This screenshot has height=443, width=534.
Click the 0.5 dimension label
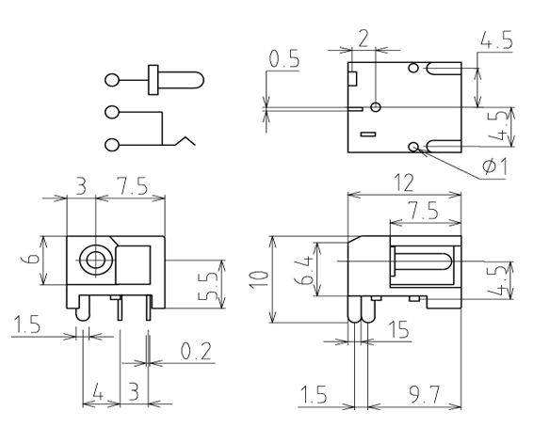click(x=284, y=58)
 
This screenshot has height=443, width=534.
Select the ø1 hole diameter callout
click(x=494, y=166)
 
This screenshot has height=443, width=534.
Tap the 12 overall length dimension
click(x=404, y=182)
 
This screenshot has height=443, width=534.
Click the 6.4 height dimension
click(x=304, y=270)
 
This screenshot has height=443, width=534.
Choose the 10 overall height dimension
click(x=260, y=279)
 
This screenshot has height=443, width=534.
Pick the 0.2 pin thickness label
click(x=196, y=351)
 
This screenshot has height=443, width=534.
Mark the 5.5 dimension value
click(x=207, y=286)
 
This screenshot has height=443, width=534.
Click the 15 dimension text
click(x=398, y=329)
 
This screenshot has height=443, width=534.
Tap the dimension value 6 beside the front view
click(x=33, y=260)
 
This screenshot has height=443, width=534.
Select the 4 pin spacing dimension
click(x=98, y=394)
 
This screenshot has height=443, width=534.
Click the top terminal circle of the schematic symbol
click(x=112, y=81)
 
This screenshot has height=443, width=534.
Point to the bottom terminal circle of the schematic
click(x=112, y=145)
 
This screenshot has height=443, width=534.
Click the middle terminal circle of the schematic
click(x=112, y=112)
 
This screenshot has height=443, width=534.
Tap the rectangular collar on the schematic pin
click(x=154, y=80)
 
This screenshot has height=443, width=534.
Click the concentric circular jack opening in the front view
click(x=96, y=261)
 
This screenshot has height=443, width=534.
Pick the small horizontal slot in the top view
click(x=368, y=134)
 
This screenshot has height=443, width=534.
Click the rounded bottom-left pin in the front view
click(x=83, y=308)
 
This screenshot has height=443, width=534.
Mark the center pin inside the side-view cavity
click(x=423, y=261)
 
